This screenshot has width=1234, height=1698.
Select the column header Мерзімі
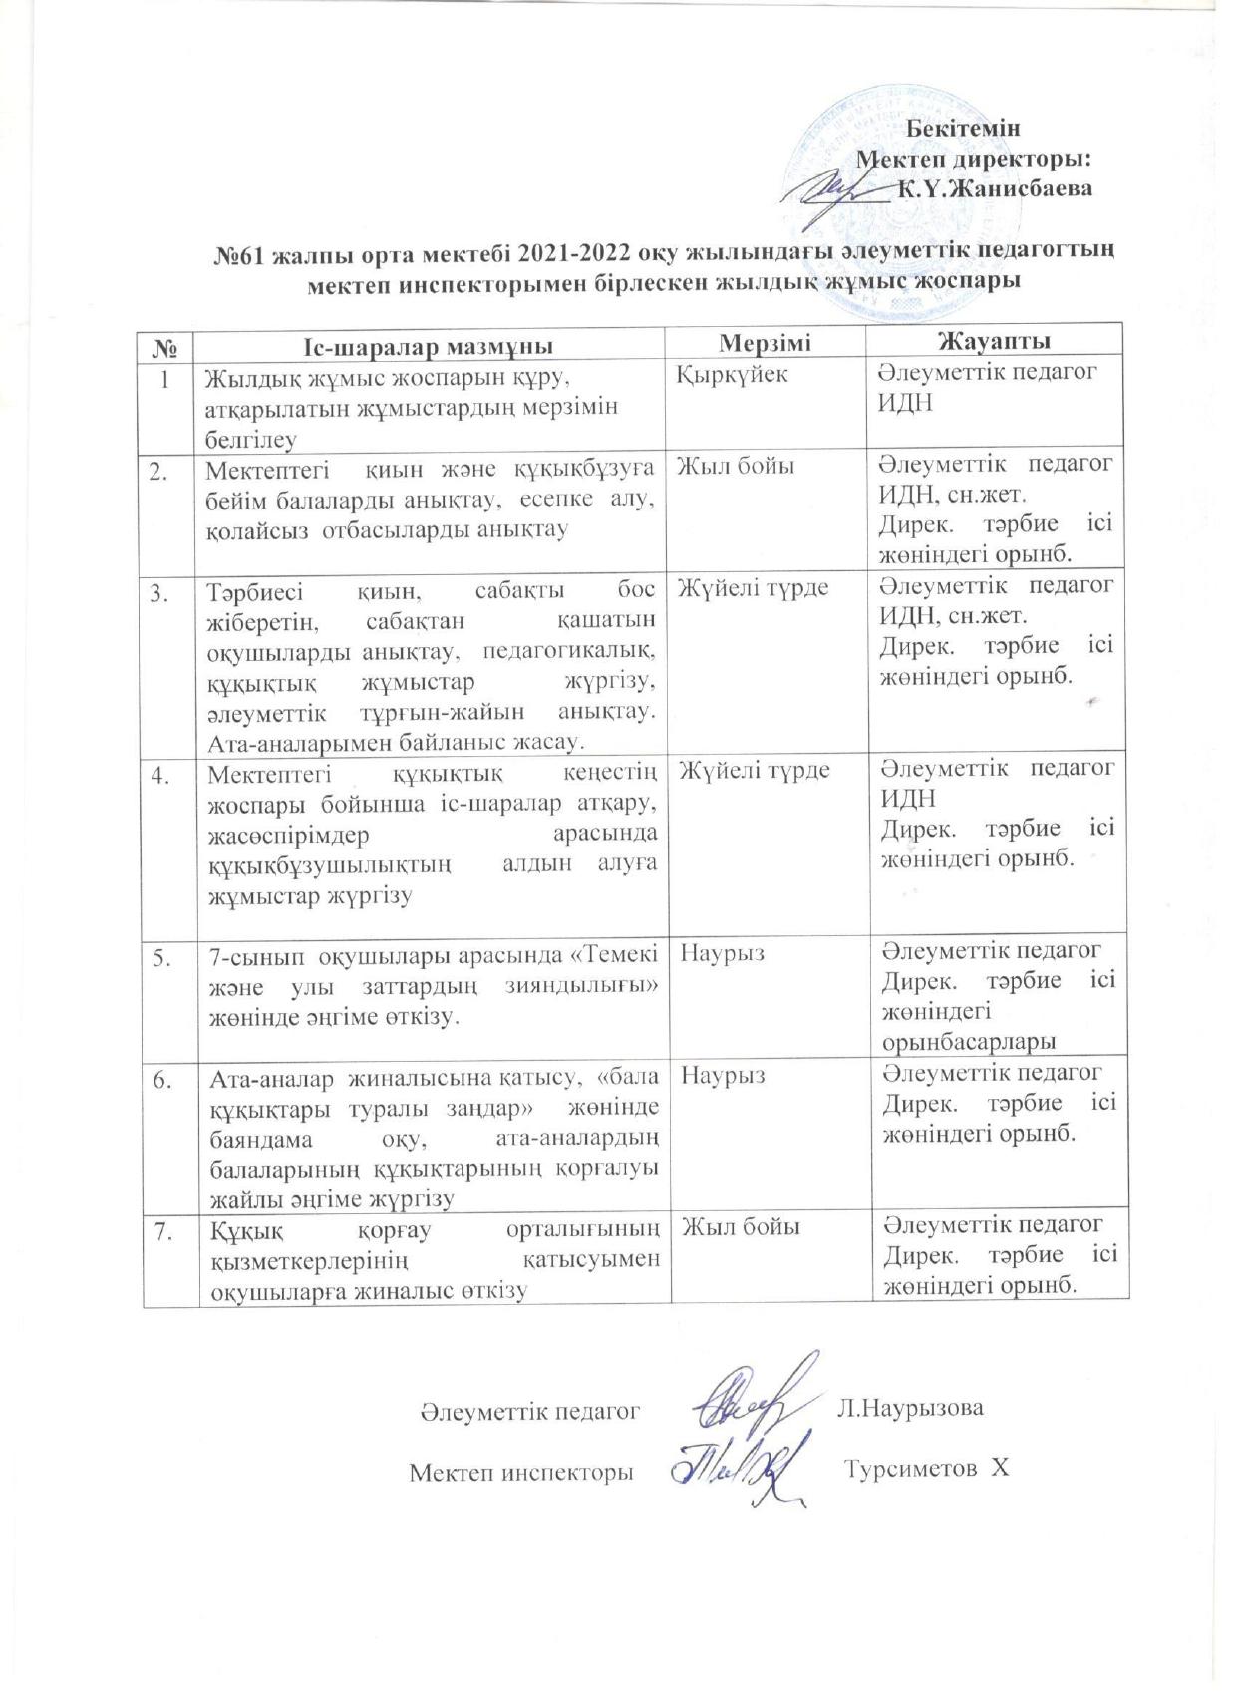coord(766,343)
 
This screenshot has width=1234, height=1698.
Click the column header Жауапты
coord(994,342)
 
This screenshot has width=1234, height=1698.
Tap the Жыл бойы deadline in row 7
coord(740,1227)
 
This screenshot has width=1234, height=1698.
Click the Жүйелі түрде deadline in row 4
coord(753,770)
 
